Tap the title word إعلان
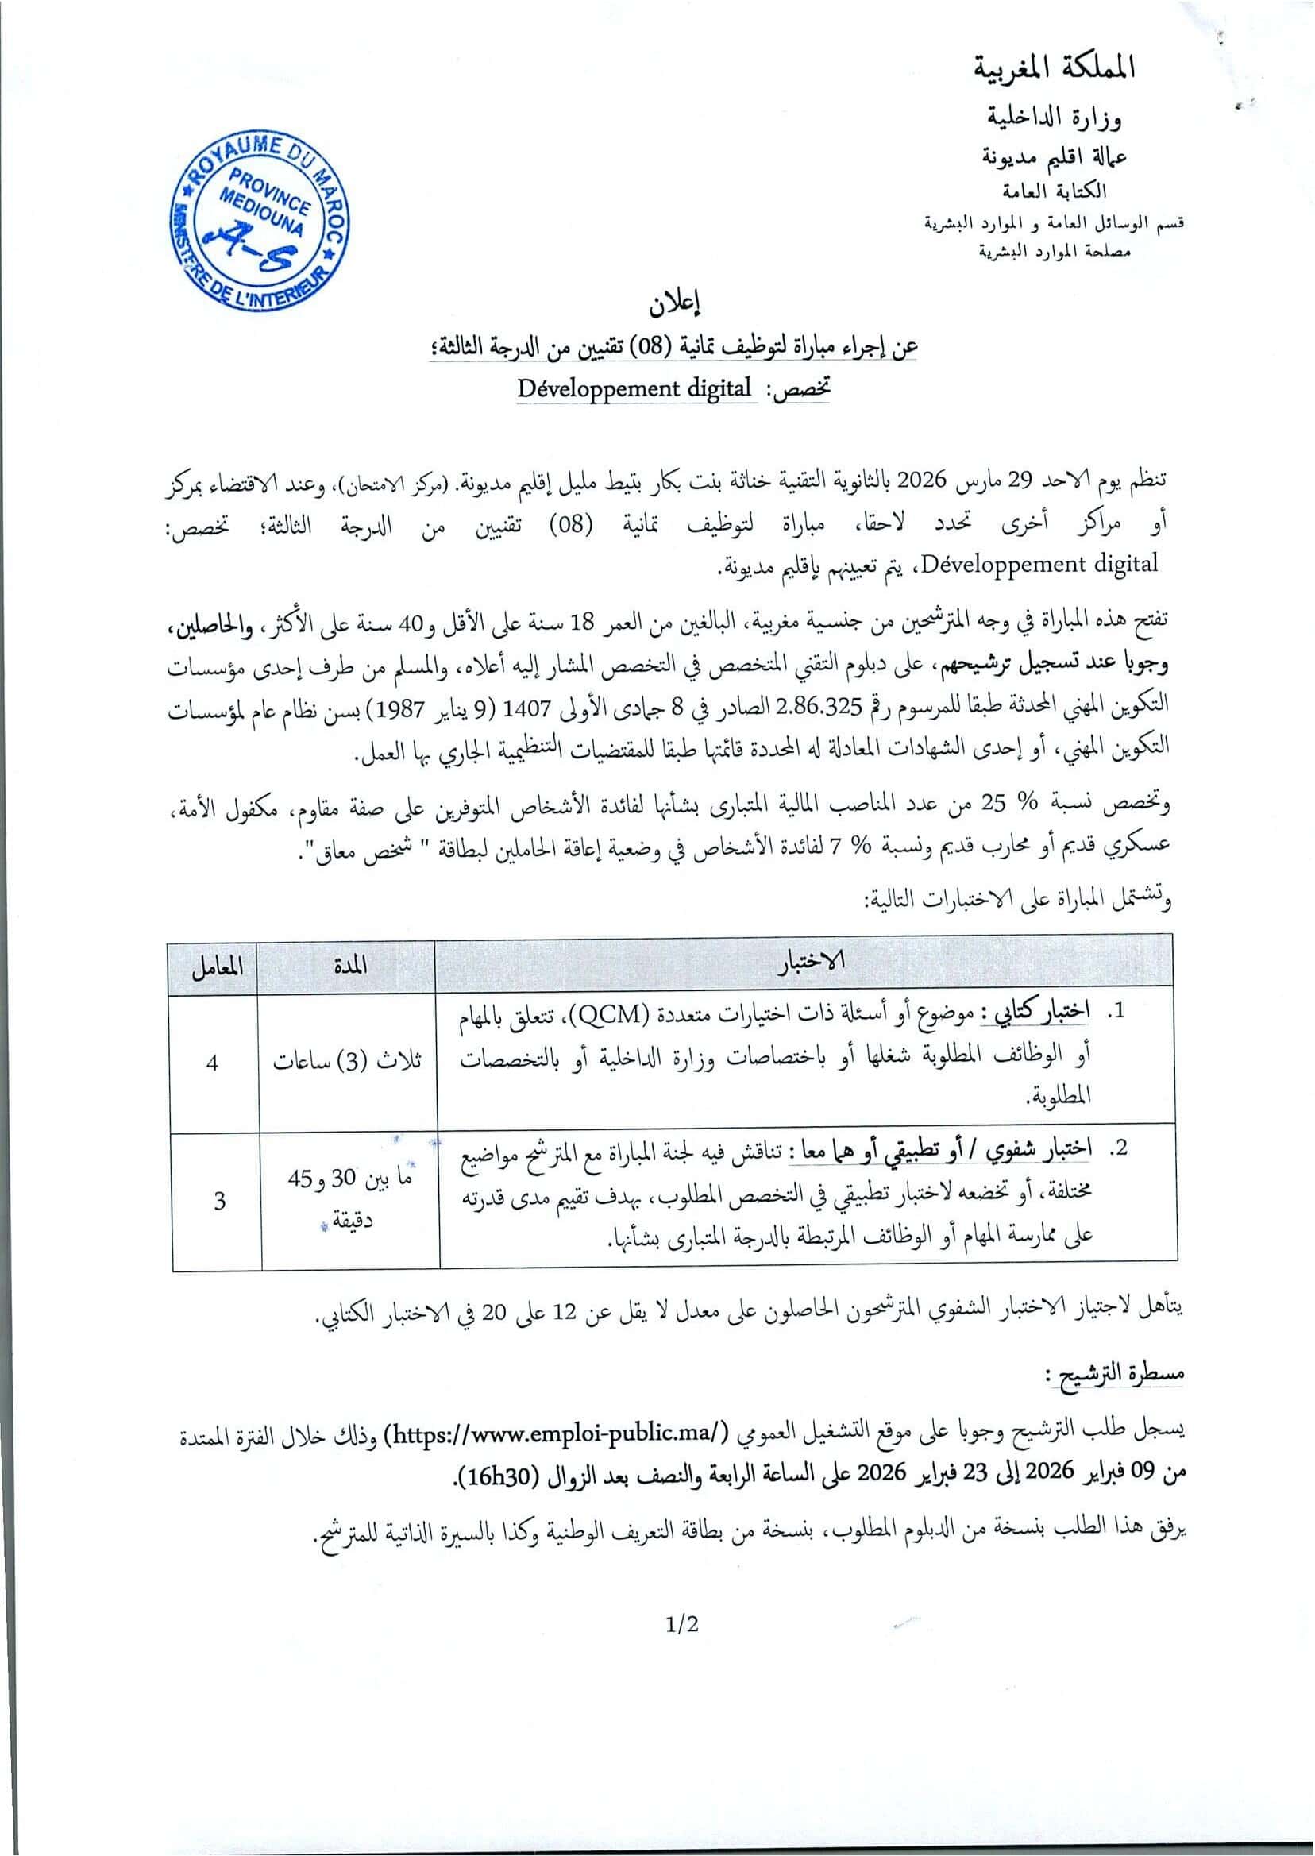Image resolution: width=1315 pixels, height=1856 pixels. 674,305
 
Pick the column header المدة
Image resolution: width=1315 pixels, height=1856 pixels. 349,966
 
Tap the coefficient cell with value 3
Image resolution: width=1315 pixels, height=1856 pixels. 218,1200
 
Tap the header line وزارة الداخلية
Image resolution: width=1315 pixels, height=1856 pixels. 1058,119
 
